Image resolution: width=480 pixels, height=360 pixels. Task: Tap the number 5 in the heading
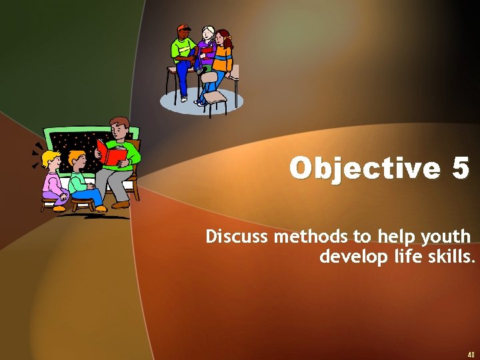coord(461,168)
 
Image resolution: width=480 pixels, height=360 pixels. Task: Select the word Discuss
coord(238,237)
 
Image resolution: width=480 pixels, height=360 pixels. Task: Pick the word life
coord(406,257)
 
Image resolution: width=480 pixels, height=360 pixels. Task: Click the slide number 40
coord(470,354)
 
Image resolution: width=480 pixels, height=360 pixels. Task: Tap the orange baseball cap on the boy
coord(183,29)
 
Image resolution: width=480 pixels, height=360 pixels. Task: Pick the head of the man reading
coord(120,128)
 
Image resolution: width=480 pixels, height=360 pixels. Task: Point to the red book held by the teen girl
coord(207,50)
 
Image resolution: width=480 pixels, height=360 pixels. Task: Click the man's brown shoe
coord(121,205)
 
